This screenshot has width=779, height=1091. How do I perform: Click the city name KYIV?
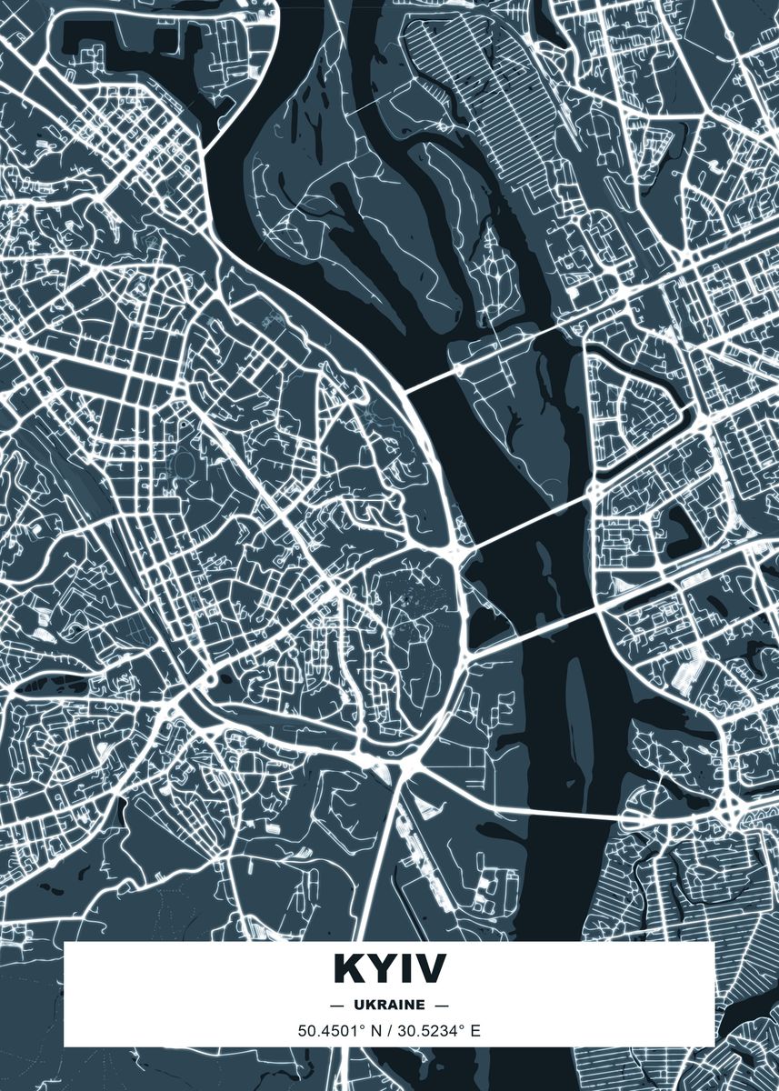click(x=389, y=968)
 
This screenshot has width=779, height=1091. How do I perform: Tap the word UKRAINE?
click(x=389, y=1005)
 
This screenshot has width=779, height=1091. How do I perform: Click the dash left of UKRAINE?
click(x=336, y=1005)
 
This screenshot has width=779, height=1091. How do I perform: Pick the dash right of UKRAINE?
click(x=443, y=1005)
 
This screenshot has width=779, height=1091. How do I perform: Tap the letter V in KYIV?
click(x=430, y=968)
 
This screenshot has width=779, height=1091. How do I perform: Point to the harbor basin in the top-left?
click(x=136, y=41)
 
